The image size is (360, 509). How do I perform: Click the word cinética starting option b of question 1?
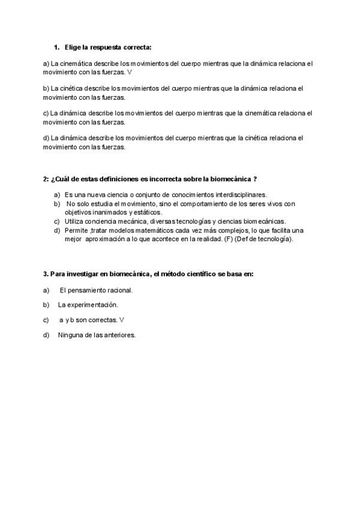click(65, 88)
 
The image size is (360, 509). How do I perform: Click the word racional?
click(117, 290)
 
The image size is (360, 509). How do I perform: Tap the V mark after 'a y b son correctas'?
click(122, 320)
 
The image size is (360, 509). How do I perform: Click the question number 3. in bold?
click(46, 274)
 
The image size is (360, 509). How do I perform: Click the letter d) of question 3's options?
click(46, 335)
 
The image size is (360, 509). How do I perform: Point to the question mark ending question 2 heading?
click(256, 179)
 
